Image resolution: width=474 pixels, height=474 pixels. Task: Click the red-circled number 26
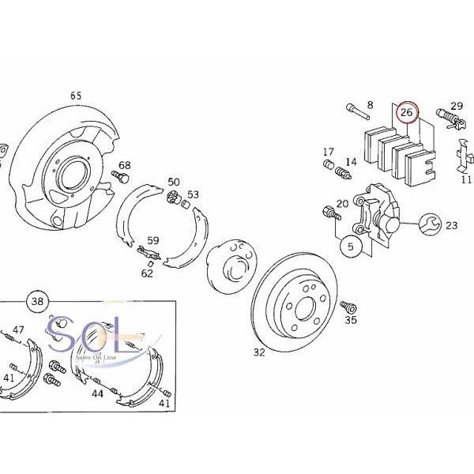coord(407,113)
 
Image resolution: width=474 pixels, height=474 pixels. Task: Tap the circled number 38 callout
coord(36,301)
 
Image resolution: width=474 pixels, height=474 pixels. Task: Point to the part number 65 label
coord(76,96)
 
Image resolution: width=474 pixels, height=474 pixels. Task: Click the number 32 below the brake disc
coord(259,352)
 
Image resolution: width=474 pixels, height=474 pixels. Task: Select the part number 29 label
coord(457,106)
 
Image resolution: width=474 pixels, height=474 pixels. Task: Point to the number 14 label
coord(351,161)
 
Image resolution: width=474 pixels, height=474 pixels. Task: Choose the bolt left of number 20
coord(327,212)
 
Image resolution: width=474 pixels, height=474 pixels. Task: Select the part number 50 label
coord(174,182)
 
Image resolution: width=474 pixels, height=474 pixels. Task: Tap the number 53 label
coord(193,194)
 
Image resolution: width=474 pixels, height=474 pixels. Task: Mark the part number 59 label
coord(153,241)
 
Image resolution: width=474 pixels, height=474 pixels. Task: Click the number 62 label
coord(147,274)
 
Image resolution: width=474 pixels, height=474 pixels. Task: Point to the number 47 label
coord(18,329)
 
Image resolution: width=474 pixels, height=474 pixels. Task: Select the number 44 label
coord(97,393)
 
